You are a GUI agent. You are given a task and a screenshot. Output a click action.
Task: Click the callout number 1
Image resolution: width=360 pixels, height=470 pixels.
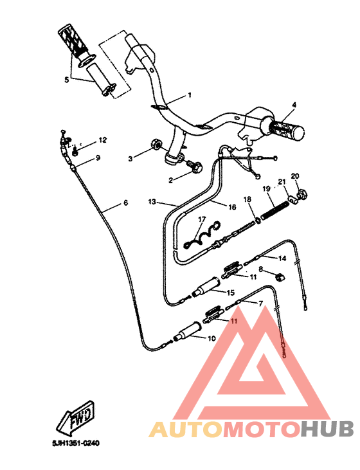(x=190, y=95)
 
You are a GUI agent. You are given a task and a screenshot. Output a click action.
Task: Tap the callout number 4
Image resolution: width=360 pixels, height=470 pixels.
(x=294, y=105)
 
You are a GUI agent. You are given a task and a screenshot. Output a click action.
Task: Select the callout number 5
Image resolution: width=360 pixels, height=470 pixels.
(x=66, y=80)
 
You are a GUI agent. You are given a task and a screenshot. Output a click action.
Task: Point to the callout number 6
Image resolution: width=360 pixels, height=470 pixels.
(x=125, y=203)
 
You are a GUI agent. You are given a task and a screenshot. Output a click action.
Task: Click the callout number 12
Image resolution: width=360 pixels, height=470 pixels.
(x=103, y=140)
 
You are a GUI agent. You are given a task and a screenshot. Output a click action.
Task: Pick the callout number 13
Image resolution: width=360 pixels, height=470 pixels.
(x=152, y=201)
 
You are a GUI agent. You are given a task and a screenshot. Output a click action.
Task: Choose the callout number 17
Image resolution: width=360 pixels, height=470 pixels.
(x=201, y=219)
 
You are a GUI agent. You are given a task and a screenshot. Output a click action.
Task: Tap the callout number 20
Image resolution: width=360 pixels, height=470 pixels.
(x=295, y=176)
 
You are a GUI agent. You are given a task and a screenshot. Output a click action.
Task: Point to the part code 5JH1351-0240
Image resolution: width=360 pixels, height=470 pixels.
(x=76, y=444)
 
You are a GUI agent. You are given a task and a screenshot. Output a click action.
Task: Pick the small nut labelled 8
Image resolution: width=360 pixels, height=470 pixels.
(x=280, y=276)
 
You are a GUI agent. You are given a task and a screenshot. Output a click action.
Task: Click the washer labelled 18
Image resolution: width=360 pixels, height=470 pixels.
(x=258, y=219)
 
